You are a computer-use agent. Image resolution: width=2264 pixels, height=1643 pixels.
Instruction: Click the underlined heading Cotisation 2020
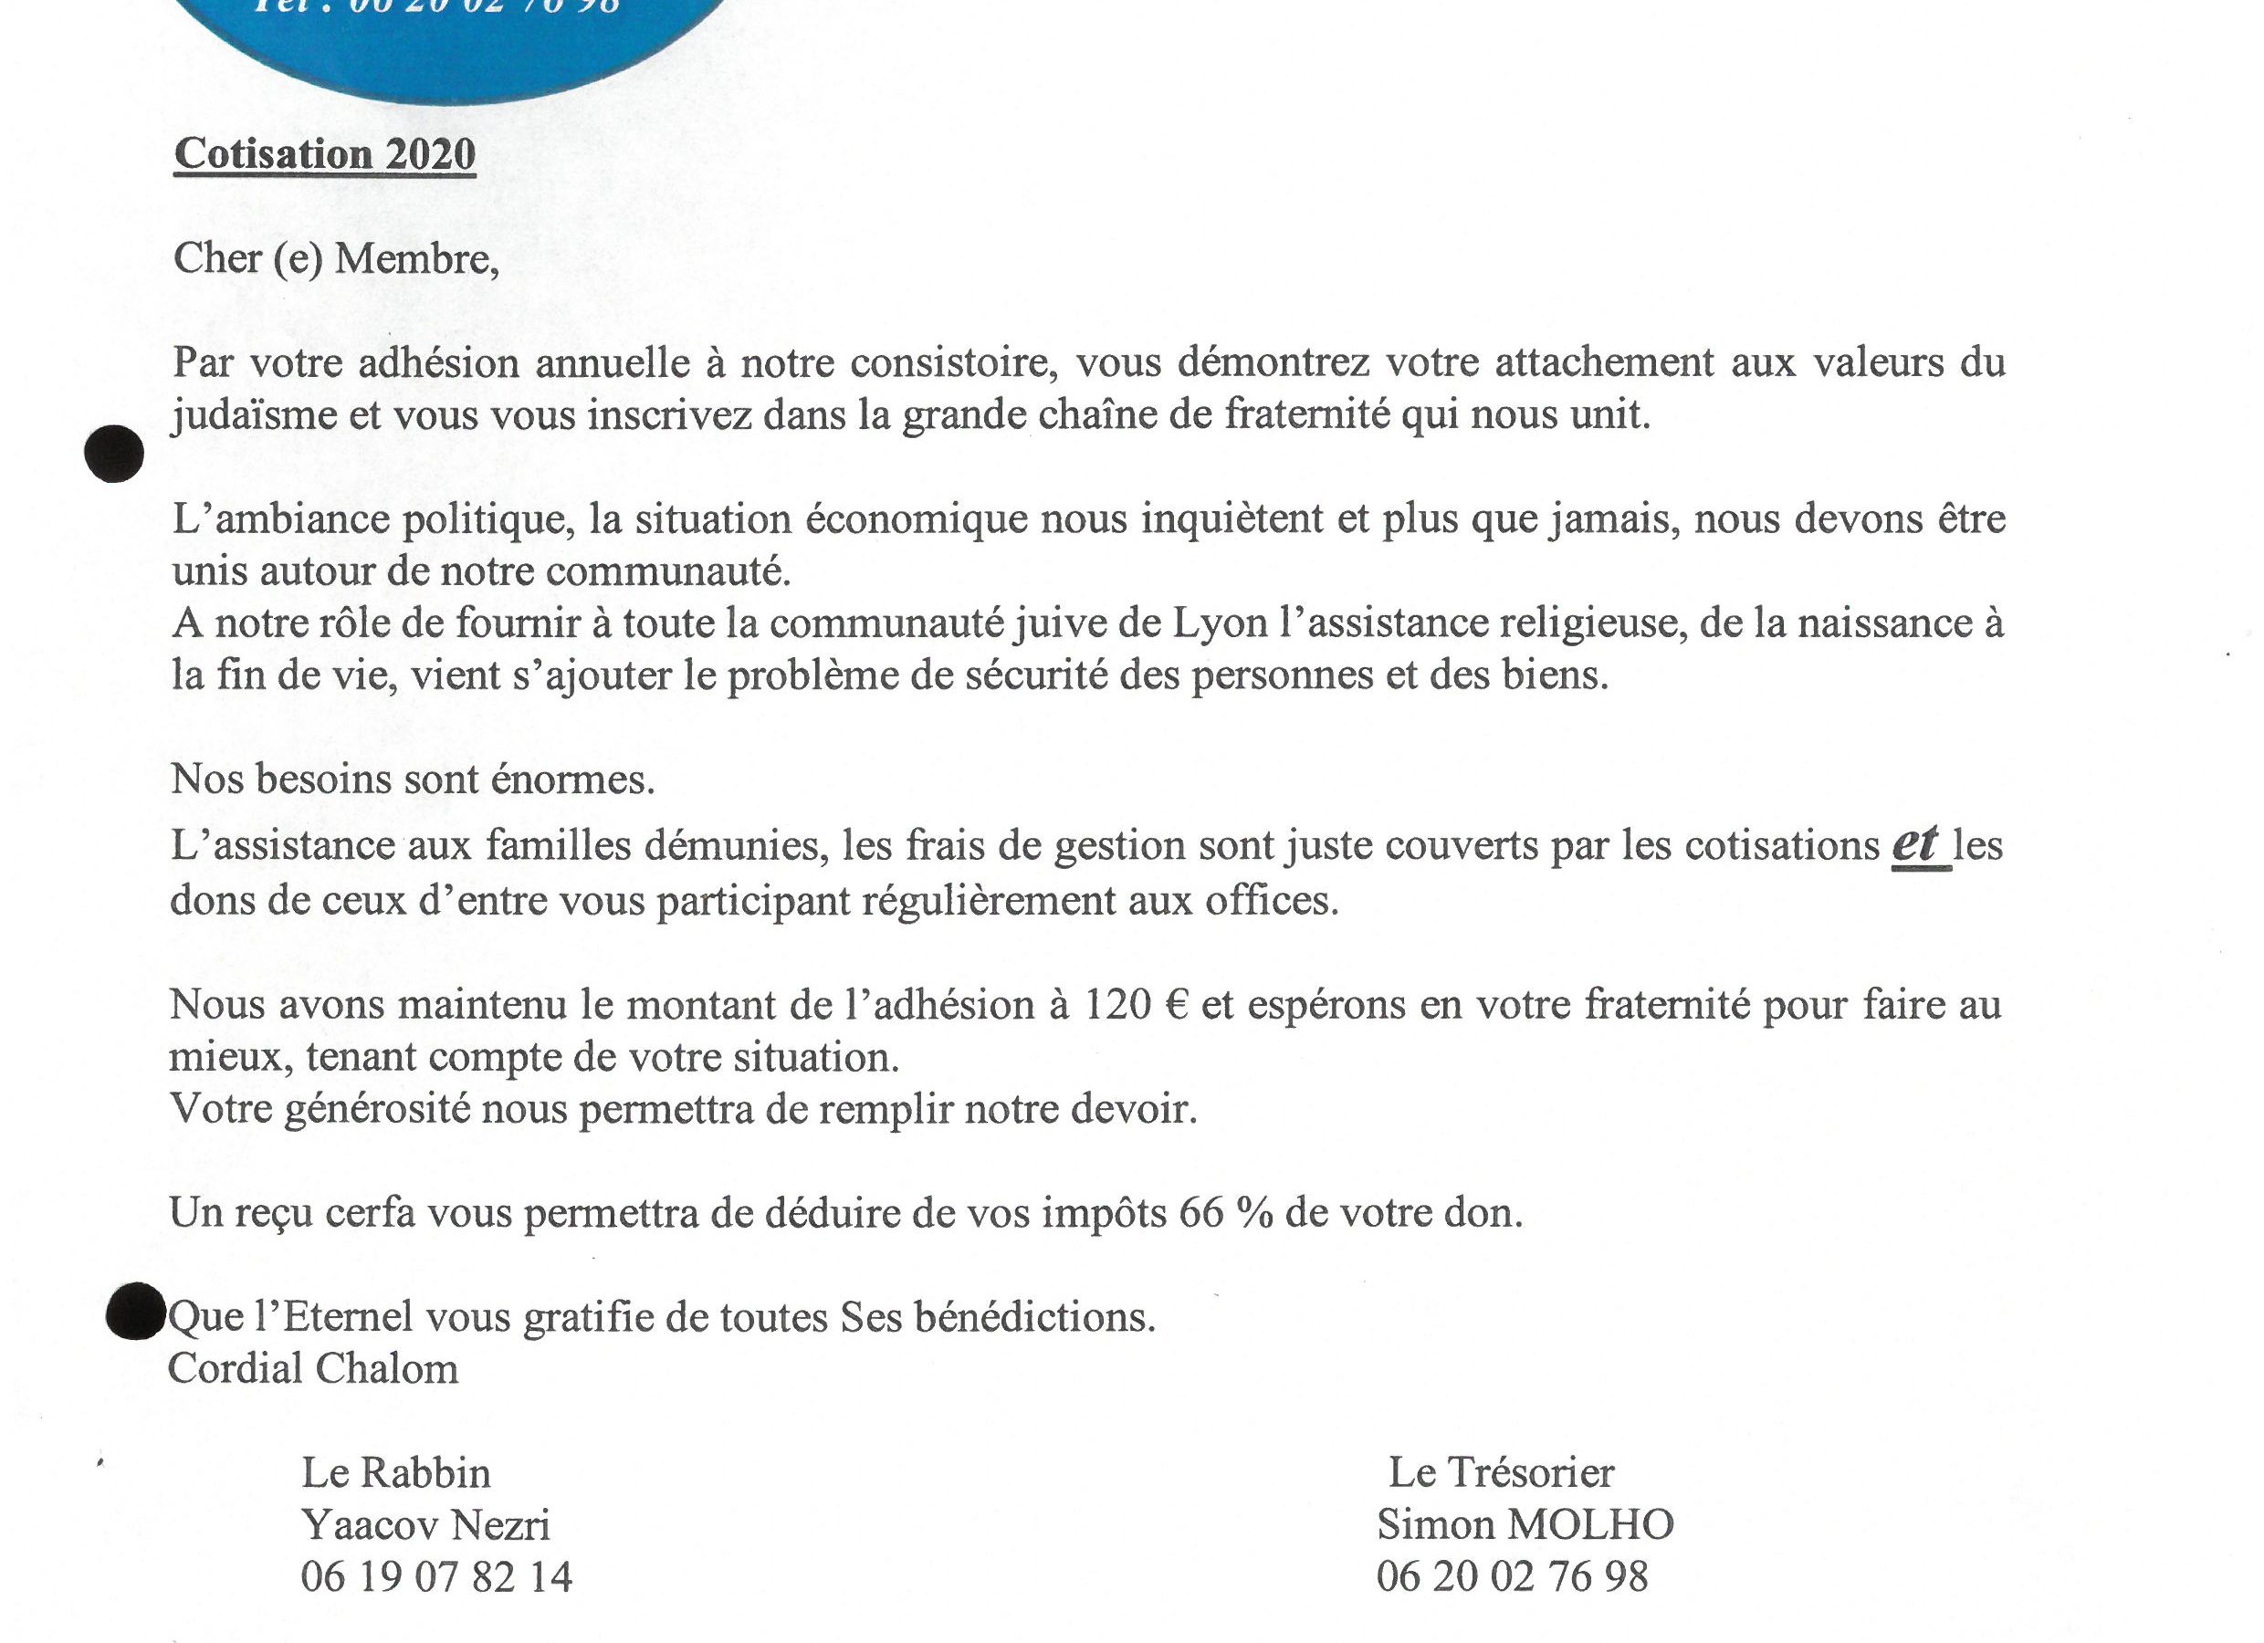click(x=324, y=155)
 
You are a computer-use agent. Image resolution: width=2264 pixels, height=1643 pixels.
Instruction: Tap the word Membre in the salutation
click(x=415, y=258)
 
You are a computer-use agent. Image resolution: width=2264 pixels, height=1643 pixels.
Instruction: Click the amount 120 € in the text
click(x=1135, y=1004)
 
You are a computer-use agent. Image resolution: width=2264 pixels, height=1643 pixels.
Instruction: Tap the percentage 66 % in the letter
click(x=1226, y=1213)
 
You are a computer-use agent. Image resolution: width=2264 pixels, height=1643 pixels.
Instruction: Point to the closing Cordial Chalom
click(x=312, y=1368)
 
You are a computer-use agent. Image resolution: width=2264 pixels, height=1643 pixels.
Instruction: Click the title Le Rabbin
click(x=396, y=1473)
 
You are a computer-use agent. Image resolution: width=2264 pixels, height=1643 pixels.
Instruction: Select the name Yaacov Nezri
click(x=425, y=1525)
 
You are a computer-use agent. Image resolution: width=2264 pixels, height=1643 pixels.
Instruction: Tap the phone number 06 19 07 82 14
click(x=436, y=1577)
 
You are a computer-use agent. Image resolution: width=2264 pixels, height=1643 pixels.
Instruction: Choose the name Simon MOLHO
click(x=1525, y=1525)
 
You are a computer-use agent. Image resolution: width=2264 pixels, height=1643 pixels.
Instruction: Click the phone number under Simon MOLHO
click(x=1512, y=1577)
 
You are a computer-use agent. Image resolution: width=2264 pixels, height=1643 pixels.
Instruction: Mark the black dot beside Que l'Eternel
click(x=135, y=1311)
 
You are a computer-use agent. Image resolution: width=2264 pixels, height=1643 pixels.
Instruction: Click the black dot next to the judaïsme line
click(x=114, y=455)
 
